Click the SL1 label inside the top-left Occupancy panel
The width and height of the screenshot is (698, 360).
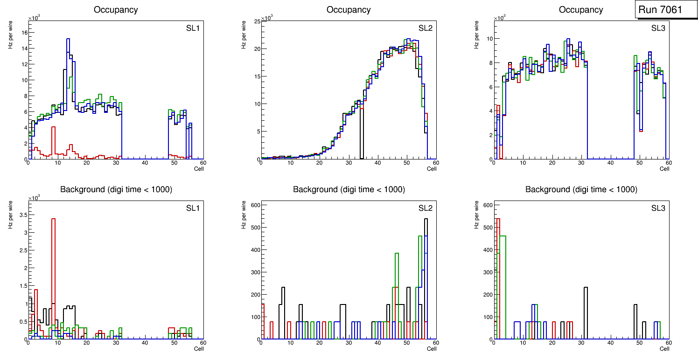click(x=193, y=28)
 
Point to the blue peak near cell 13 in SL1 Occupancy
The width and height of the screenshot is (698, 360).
click(x=68, y=40)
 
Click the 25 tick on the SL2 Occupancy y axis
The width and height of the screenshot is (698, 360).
click(x=257, y=21)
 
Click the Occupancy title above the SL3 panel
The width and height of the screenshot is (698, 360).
click(x=581, y=10)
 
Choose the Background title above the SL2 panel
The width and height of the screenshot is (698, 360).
click(x=349, y=189)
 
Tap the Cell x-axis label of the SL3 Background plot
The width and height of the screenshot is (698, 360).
click(x=664, y=348)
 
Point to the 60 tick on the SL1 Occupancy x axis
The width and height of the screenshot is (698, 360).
click(x=203, y=163)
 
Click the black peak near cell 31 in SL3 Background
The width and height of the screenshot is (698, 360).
click(x=586, y=288)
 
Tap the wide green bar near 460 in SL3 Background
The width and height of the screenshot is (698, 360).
click(x=503, y=237)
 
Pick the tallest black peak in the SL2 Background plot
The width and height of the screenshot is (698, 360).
click(x=426, y=220)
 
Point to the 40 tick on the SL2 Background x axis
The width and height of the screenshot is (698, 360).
click(x=377, y=343)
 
